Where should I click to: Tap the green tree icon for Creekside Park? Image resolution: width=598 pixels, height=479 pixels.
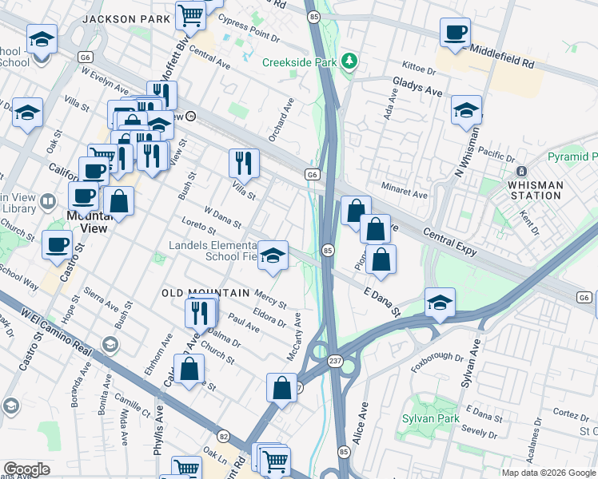tap(349, 61)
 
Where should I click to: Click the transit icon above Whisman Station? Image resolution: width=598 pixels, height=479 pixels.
tap(521, 172)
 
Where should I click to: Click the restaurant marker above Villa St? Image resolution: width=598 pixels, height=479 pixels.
tap(244, 163)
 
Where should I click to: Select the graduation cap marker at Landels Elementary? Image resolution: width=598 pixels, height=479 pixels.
tap(273, 256)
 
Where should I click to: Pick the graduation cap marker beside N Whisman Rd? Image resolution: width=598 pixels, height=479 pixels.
tap(466, 111)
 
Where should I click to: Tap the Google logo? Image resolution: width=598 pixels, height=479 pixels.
tap(26, 469)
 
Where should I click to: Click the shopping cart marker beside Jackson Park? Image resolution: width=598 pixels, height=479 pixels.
tap(191, 14)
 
